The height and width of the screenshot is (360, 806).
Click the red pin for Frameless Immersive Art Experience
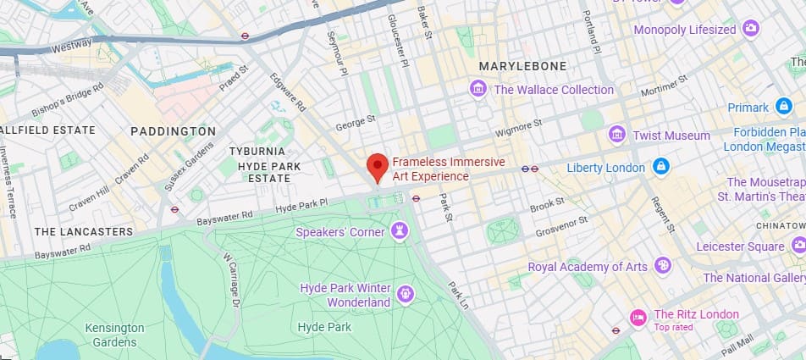(x=378, y=165)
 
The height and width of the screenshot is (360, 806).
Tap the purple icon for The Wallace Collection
(x=478, y=89)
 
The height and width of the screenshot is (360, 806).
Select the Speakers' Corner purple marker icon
(x=399, y=231)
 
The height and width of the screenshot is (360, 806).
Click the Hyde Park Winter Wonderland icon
(x=406, y=295)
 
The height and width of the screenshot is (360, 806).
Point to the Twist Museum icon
(x=617, y=136)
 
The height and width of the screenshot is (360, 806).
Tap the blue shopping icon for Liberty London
(x=660, y=167)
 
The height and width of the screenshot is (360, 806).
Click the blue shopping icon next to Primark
(x=783, y=108)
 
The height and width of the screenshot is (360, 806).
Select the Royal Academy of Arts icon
(x=663, y=267)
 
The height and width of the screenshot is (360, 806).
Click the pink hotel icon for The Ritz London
(x=638, y=318)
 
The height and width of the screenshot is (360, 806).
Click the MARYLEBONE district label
(x=522, y=66)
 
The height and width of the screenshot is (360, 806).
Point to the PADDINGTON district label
(x=174, y=131)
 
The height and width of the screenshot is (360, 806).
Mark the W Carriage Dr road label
(x=231, y=280)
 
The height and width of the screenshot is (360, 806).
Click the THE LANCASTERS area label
(x=84, y=231)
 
